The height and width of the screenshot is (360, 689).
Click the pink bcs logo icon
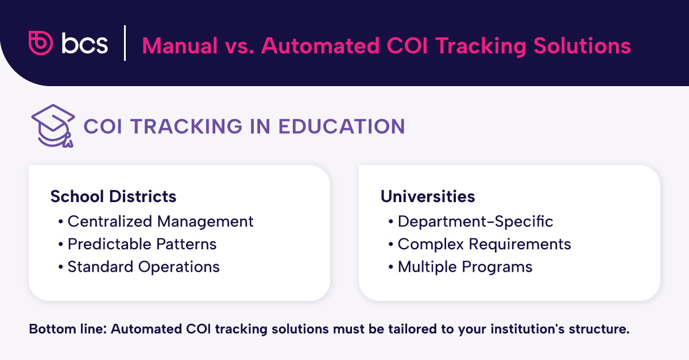point(41,43)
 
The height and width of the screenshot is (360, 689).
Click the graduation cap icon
point(53,126)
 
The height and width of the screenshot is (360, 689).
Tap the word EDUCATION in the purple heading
point(341,127)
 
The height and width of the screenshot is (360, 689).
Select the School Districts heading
point(113,196)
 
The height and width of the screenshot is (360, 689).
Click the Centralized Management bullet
point(160,221)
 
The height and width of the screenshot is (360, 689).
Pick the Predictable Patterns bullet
point(142,244)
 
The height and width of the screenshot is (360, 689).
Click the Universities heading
point(427,196)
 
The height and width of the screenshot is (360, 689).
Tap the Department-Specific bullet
point(475,221)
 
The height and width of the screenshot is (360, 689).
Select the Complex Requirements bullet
point(484,244)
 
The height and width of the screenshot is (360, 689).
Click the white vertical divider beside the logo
point(125,44)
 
